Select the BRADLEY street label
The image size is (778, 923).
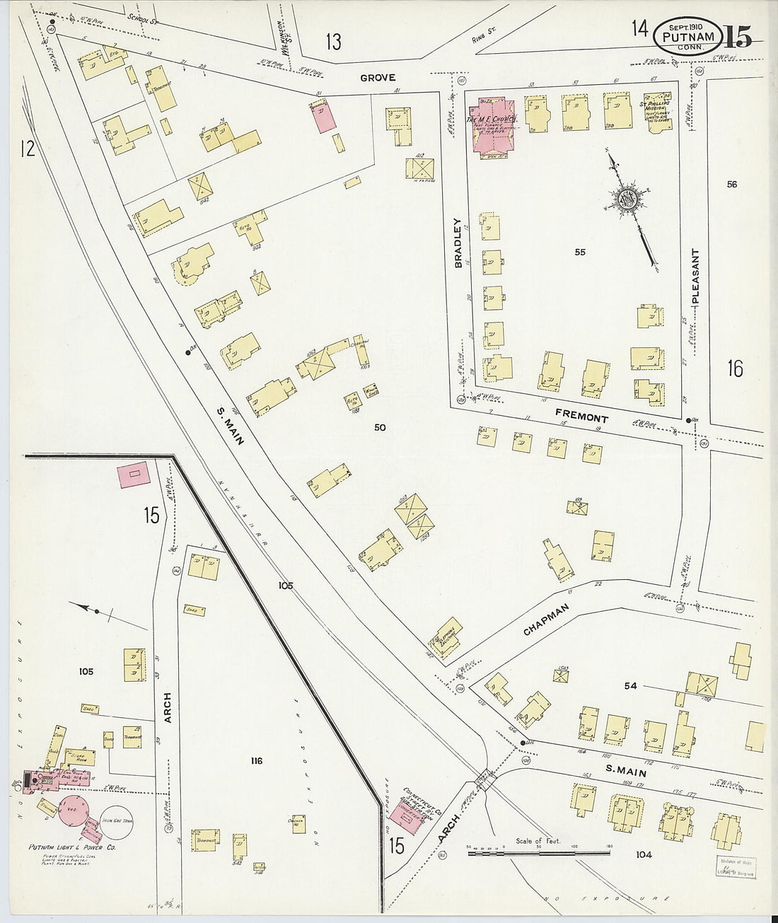click(x=458, y=243)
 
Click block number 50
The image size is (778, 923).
click(x=380, y=427)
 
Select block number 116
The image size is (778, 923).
click(x=256, y=761)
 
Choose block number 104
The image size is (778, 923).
click(x=643, y=855)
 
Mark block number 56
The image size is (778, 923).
click(x=731, y=185)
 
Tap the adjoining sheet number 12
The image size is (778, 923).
click(x=28, y=149)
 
